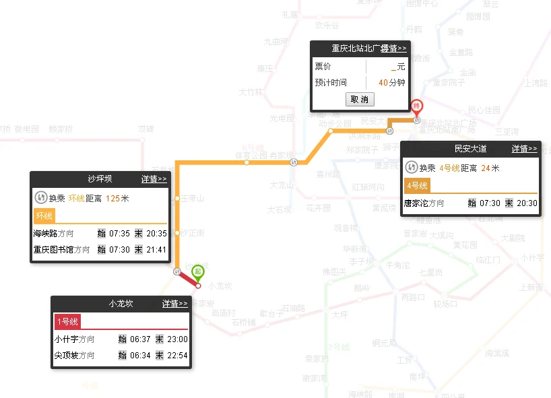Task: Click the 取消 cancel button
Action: pos(360,99)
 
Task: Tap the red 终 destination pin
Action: pos(417,106)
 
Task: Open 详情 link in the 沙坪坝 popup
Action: pos(154,179)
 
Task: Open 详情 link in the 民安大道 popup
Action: pos(524,149)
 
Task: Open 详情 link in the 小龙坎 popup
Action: pos(174,304)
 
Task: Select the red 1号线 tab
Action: pos(67,322)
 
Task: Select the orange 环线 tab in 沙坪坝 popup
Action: pos(44,216)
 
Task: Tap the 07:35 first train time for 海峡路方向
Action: pos(119,234)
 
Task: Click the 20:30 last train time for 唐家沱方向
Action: pos(527,203)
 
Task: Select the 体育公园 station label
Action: pos(247,156)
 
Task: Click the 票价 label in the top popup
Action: pos(323,67)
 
